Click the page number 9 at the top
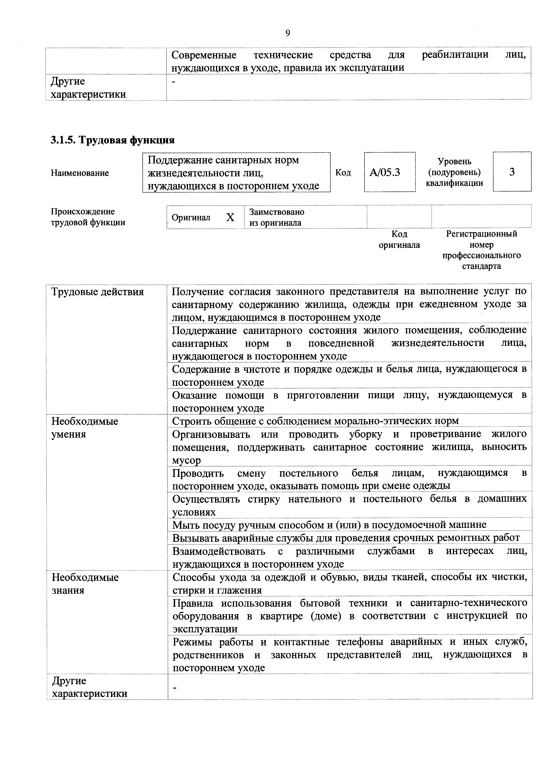tap(288, 33)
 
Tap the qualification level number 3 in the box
tap(512, 172)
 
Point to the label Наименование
tap(80, 173)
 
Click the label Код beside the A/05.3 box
tap(343, 173)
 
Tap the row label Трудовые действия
tap(97, 292)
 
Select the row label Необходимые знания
tap(85, 583)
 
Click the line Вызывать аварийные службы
tap(346, 538)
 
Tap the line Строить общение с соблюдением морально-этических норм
tap(315, 421)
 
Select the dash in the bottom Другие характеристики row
tap(175, 688)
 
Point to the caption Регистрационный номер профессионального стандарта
tap(481, 250)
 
